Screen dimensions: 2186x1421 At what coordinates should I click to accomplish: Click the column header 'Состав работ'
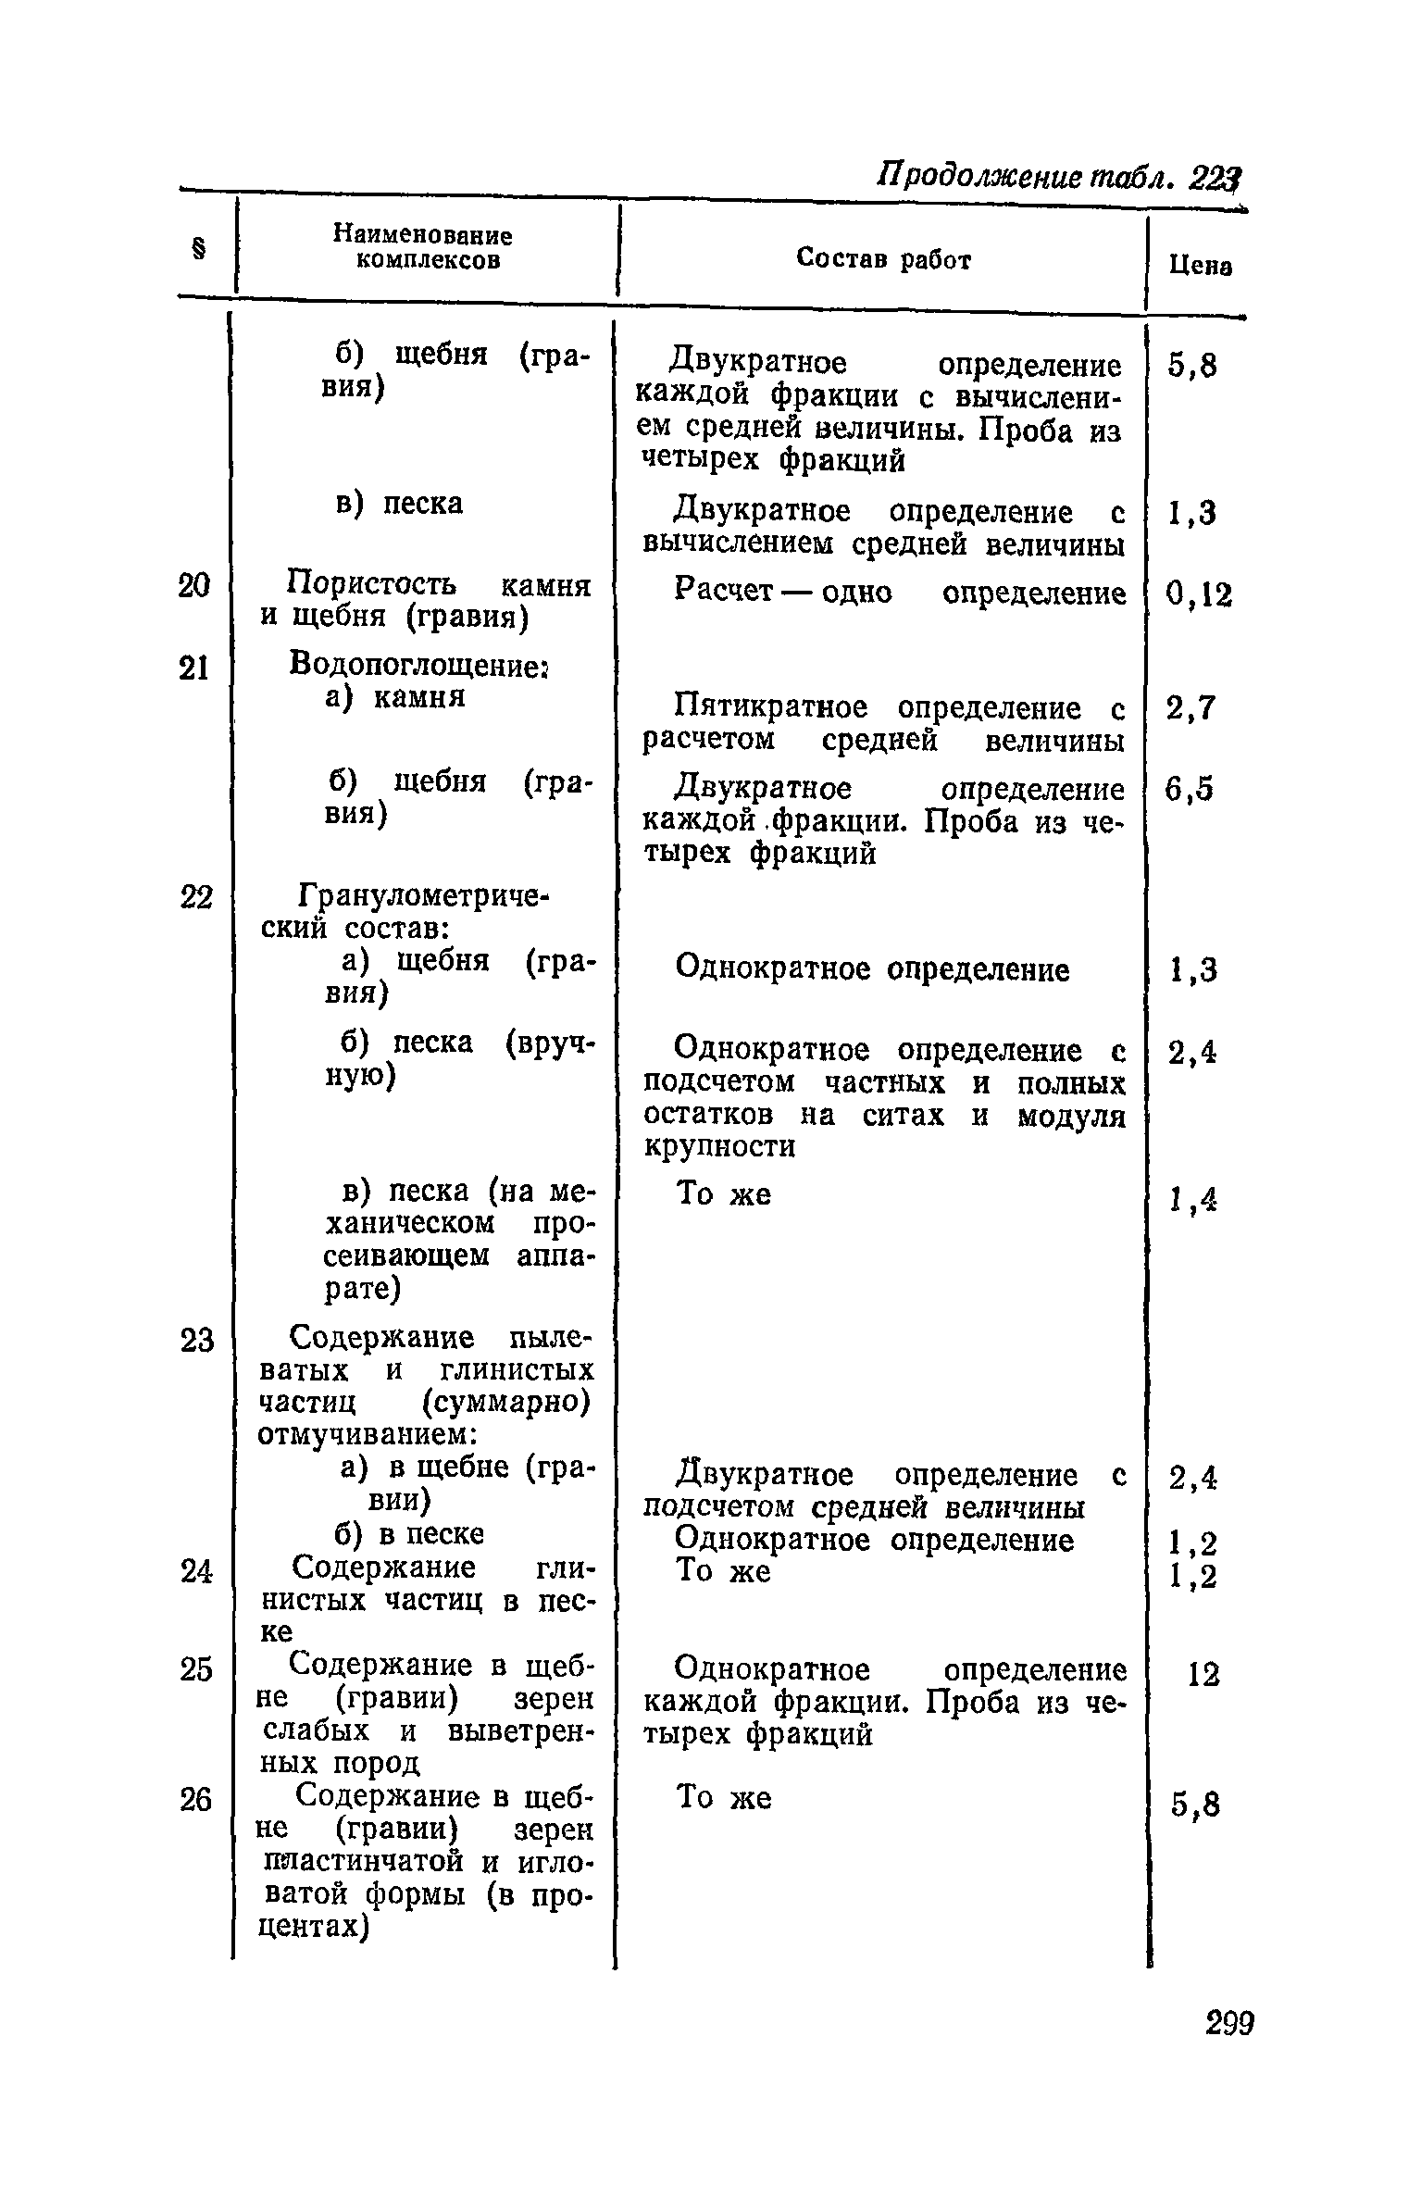[883, 260]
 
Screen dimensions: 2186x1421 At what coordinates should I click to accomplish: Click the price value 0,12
[1200, 595]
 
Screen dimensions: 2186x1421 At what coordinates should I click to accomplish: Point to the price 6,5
[1190, 790]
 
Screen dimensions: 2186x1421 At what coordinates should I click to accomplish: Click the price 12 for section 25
[1203, 1674]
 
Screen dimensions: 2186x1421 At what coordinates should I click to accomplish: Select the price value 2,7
[1190, 709]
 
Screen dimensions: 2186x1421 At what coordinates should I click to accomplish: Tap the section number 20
[194, 586]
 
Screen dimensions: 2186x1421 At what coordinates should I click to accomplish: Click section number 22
[195, 898]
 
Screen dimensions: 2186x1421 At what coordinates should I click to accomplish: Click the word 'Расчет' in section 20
[723, 591]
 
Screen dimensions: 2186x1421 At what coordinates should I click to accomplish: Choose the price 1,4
[1192, 1201]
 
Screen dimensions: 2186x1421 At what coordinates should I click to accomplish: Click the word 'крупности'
[719, 1147]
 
